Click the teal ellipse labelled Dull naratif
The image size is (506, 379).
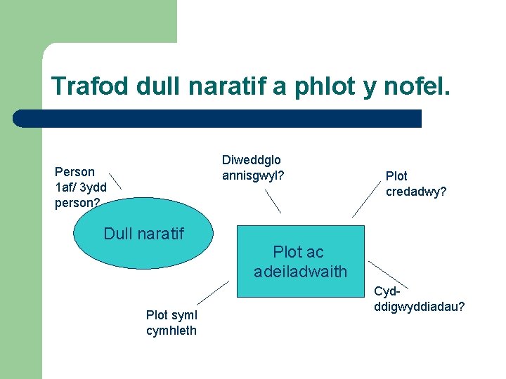pyautogui.click(x=143, y=246)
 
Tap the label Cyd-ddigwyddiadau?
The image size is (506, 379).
pyautogui.click(x=419, y=300)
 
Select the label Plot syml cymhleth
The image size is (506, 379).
pyautogui.click(x=171, y=324)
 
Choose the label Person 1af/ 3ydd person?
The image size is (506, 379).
pyautogui.click(x=80, y=187)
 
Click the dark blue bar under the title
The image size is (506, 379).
pyautogui.click(x=218, y=119)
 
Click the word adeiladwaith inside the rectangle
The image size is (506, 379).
pyautogui.click(x=301, y=271)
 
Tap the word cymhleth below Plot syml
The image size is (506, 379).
pyautogui.click(x=171, y=331)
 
